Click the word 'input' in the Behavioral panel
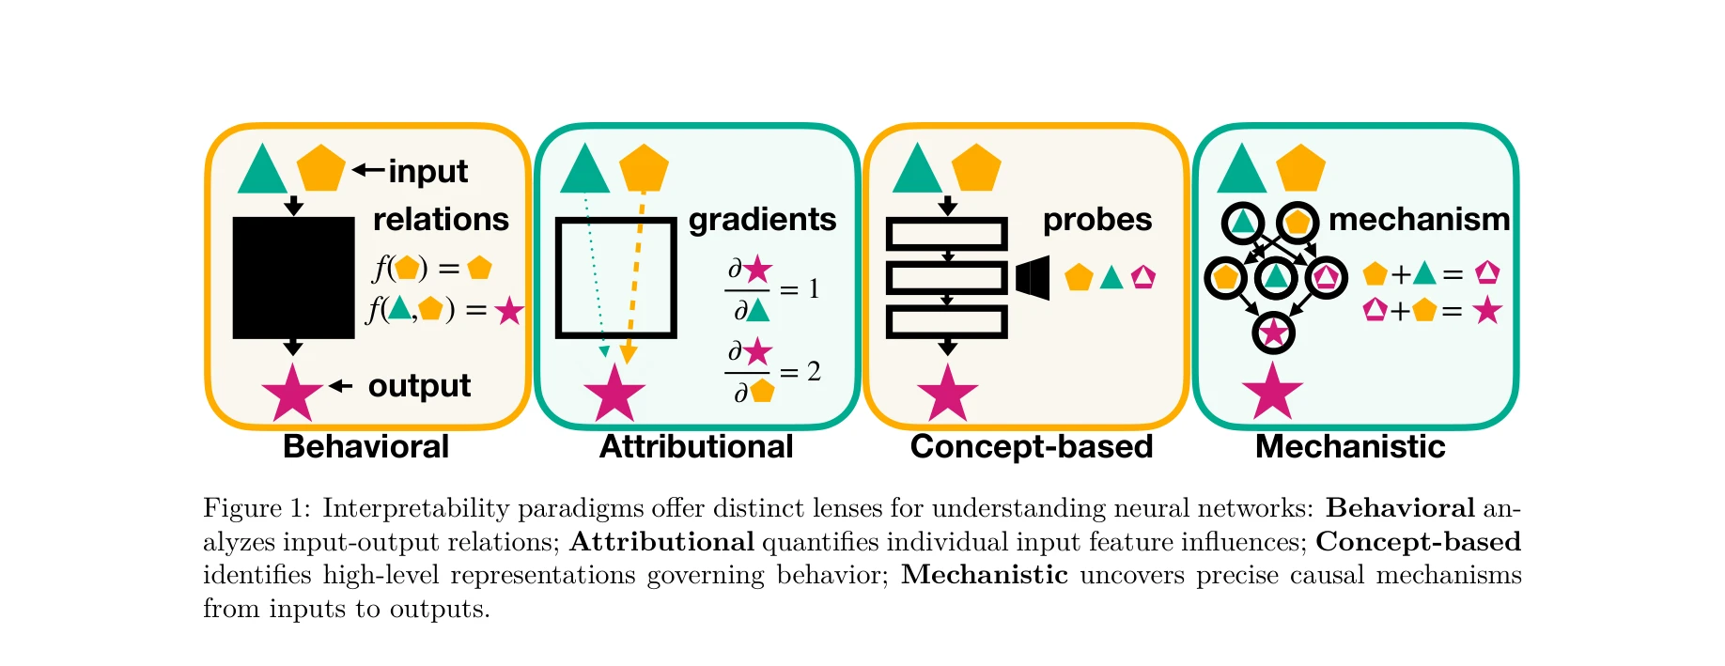427,171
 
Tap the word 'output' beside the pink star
419,385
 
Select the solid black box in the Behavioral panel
293,277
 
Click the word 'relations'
441,219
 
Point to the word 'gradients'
762,219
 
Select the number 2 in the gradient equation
814,372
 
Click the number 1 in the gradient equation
814,288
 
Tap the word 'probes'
1096,219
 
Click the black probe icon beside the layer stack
1033,278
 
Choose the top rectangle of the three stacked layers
947,234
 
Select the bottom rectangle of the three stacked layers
947,322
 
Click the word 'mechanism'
1419,219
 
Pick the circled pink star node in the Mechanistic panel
1273,333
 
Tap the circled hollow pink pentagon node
1326,278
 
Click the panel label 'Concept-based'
1031,446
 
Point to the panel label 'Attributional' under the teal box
696,446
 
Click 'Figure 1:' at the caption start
256,508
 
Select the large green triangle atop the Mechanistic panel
1242,171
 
